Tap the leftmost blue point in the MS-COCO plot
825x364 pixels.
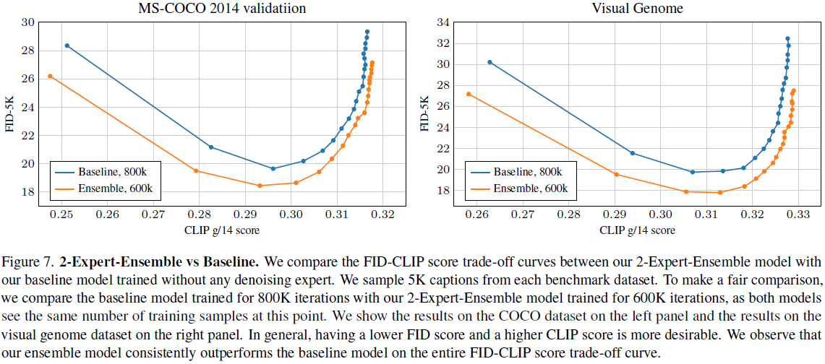[67, 45]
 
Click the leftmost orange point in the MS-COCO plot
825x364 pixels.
[50, 76]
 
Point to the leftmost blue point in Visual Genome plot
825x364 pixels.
[490, 62]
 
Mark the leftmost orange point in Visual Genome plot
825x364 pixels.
[469, 94]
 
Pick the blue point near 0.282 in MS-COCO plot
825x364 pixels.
[210, 147]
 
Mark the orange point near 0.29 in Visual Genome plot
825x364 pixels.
[616, 174]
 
